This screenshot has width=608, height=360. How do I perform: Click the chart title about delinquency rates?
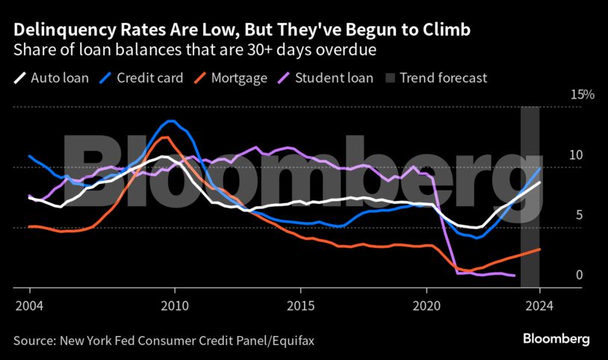point(241,31)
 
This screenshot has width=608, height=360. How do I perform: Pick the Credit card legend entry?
point(140,77)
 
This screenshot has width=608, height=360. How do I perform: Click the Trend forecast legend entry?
point(435,77)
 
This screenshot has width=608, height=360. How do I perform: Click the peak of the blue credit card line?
point(172,120)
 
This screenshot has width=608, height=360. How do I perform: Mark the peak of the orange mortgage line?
point(165,137)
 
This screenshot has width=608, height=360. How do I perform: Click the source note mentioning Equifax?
point(164,340)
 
